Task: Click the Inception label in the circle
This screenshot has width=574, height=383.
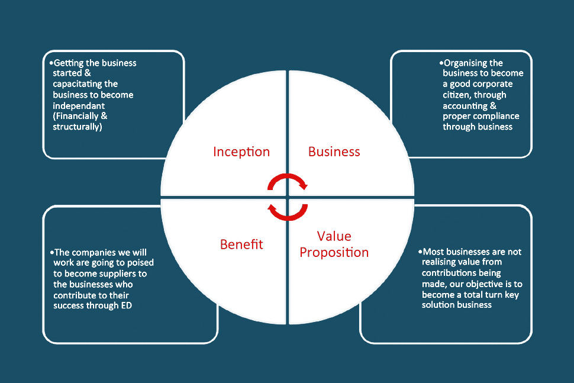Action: [241, 152]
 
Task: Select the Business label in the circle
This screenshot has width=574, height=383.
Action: [334, 152]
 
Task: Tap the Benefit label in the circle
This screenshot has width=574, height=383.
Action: [241, 244]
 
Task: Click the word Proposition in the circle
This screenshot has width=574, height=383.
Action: [334, 252]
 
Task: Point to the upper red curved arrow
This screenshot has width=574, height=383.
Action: [288, 181]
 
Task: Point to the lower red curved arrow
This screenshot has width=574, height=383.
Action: [288, 211]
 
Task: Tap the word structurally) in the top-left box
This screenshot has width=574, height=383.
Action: [78, 127]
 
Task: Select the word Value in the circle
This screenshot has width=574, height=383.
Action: [334, 236]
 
